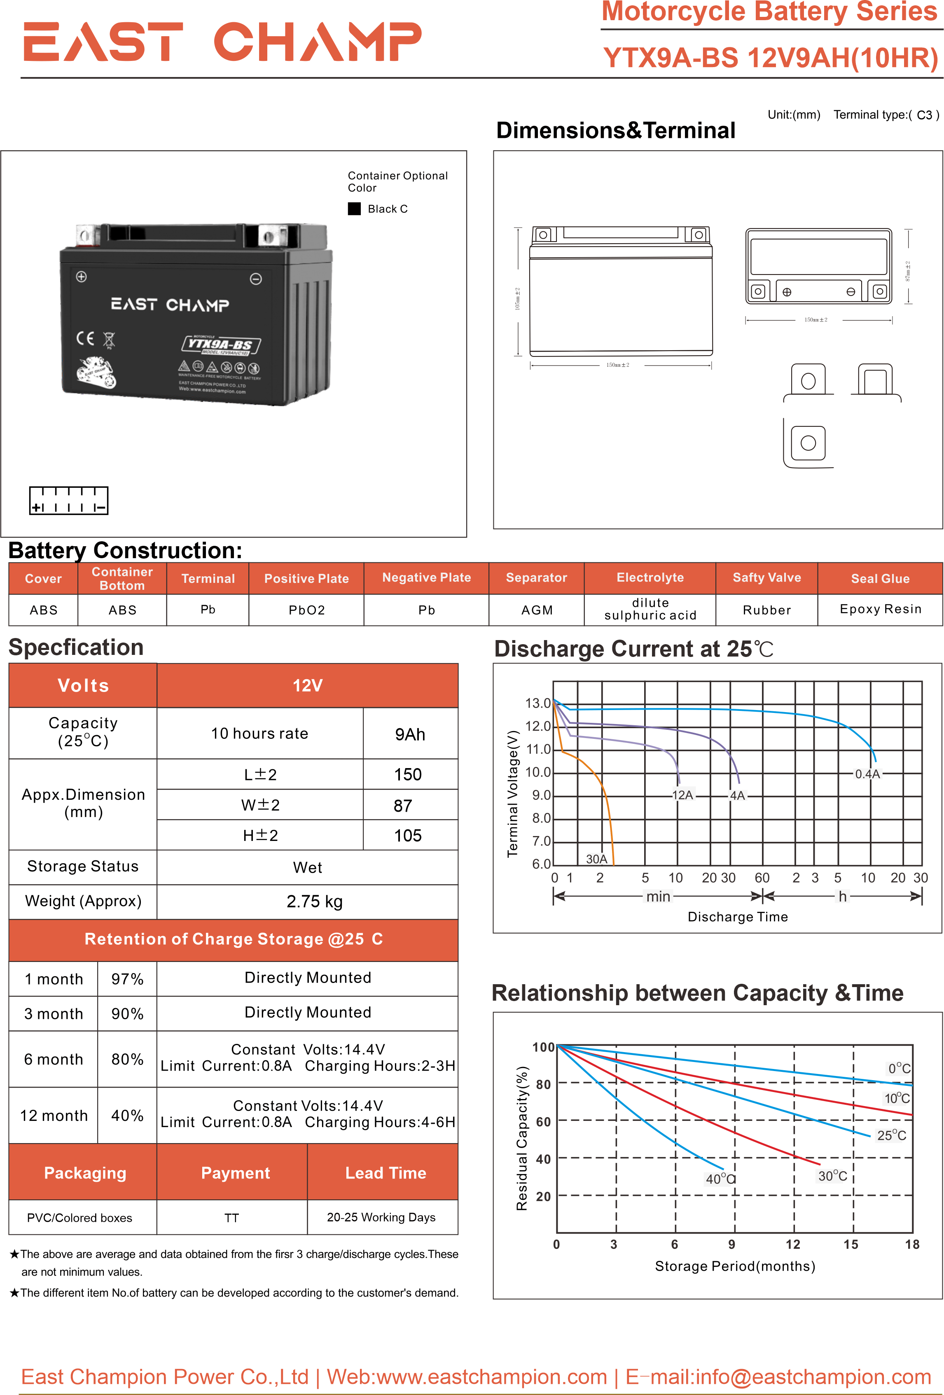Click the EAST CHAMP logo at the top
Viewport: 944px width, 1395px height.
click(x=222, y=42)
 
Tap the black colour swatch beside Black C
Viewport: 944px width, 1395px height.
click(x=354, y=208)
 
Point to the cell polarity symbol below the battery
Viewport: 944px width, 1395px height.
click(x=68, y=501)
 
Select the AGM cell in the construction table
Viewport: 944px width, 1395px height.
click(x=536, y=610)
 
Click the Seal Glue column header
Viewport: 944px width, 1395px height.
click(x=880, y=579)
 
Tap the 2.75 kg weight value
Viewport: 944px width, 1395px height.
click(x=314, y=901)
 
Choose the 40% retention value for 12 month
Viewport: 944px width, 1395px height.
click(x=127, y=1115)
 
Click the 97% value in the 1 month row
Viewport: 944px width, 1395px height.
click(x=127, y=979)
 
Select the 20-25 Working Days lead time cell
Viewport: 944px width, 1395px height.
click(x=381, y=1217)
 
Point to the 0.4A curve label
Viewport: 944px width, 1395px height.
click(x=867, y=774)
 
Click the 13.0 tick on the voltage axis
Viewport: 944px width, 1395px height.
click(x=537, y=703)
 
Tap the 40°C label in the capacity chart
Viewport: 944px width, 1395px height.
click(x=720, y=1178)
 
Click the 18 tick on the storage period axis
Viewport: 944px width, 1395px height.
click(x=911, y=1244)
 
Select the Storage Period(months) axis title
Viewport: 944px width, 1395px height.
click(x=735, y=1266)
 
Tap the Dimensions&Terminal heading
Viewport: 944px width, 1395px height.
click(x=615, y=130)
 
